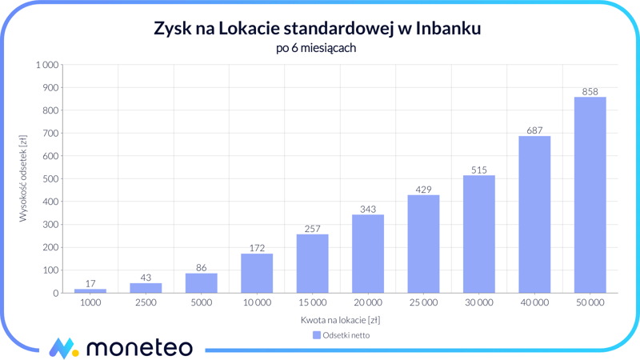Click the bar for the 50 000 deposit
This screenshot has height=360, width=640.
[x=590, y=195]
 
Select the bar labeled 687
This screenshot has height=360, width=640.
[x=534, y=214]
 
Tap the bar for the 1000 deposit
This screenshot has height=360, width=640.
[x=90, y=290]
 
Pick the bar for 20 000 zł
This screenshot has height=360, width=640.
[x=368, y=254]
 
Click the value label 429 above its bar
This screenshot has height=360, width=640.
[x=423, y=190]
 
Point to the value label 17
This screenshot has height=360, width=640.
[x=90, y=283]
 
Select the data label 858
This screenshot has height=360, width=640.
[x=590, y=91]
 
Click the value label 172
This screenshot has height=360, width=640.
[x=257, y=248]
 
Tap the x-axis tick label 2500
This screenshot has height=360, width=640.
[x=146, y=303]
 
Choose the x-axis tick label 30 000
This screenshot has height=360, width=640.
[x=478, y=303]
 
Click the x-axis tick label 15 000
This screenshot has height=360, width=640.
[x=312, y=303]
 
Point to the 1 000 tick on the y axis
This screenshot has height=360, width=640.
[x=47, y=65]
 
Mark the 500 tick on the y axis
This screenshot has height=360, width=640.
[x=51, y=179]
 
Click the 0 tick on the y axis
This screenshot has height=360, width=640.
[x=56, y=294]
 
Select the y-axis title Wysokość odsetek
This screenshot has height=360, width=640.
[x=23, y=178]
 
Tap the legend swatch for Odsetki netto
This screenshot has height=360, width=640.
[x=317, y=335]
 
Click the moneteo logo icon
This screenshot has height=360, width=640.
[x=64, y=347]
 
